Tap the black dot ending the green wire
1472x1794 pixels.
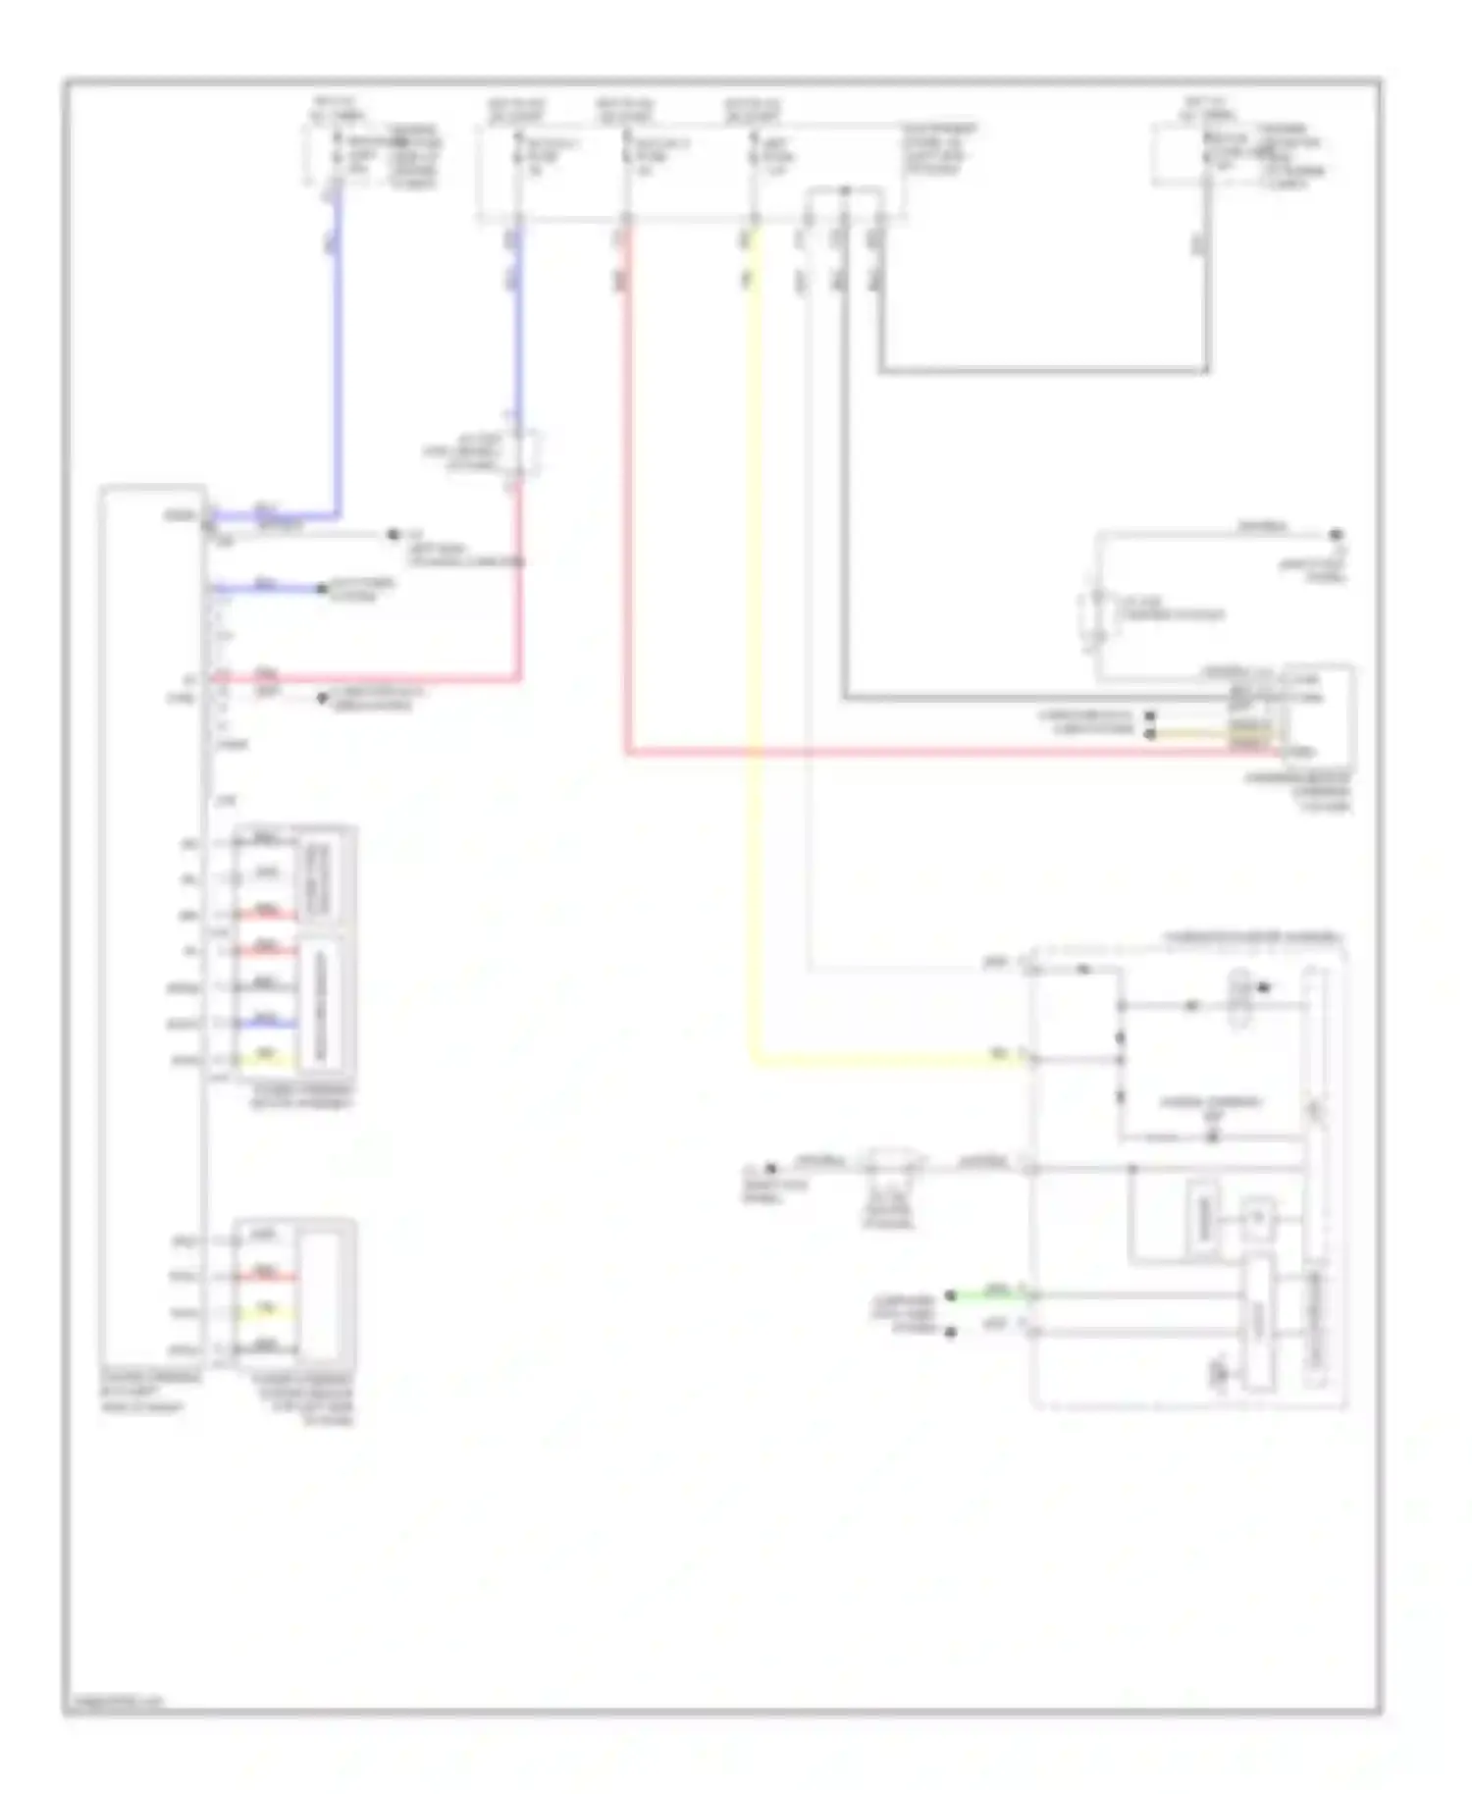pyautogui.click(x=950, y=1295)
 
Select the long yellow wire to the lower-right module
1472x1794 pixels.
pyautogui.click(x=755, y=687)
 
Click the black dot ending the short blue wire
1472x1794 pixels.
pyautogui.click(x=321, y=589)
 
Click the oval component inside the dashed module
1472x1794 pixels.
pyautogui.click(x=1239, y=996)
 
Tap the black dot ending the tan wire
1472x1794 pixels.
pyautogui.click(x=1150, y=733)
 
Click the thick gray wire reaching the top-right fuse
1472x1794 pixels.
pyautogui.click(x=1040, y=371)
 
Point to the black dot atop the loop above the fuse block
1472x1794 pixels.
pyautogui.click(x=844, y=189)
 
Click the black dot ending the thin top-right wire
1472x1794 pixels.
pyautogui.click(x=1336, y=535)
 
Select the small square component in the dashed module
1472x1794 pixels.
pyautogui.click(x=1259, y=1217)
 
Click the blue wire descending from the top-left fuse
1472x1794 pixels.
pyautogui.click(x=338, y=343)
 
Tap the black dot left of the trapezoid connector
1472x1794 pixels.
pyautogui.click(x=770, y=1168)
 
